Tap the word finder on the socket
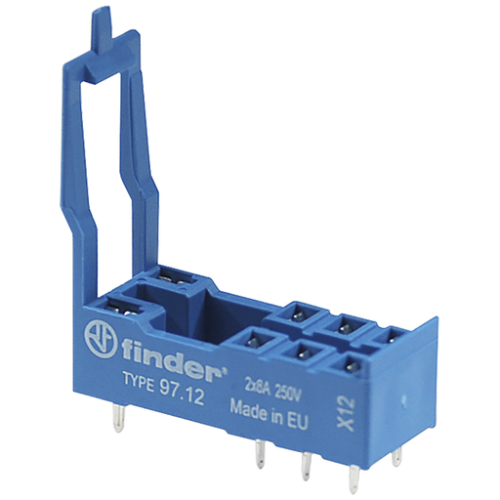(x=171, y=359)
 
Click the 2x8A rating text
(x=257, y=389)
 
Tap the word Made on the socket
(x=249, y=407)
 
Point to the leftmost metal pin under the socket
(x=119, y=419)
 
